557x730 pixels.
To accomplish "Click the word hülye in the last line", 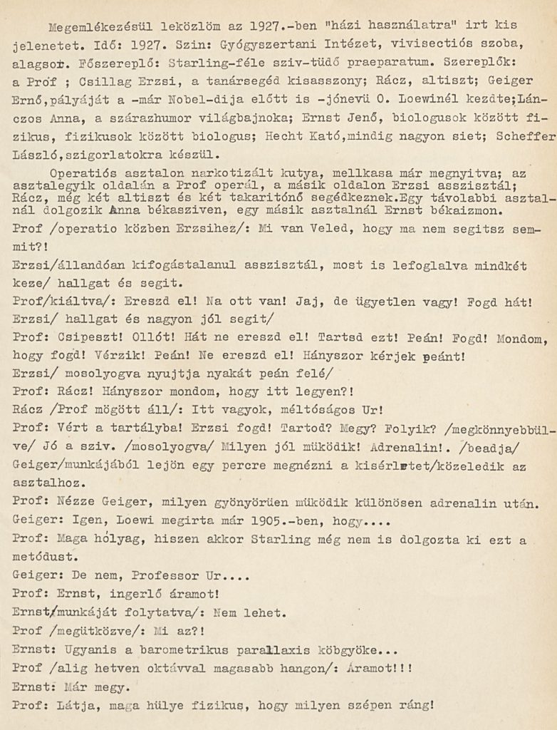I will (x=159, y=706).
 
